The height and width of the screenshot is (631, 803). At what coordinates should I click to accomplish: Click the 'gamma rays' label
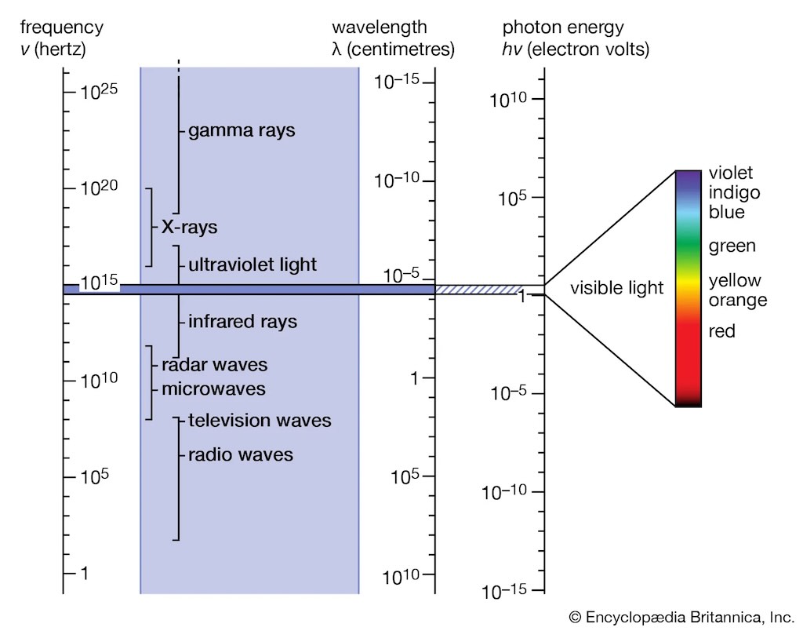(242, 130)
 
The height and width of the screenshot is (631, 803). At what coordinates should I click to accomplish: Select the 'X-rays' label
(189, 228)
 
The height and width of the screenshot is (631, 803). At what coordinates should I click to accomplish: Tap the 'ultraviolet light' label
(253, 264)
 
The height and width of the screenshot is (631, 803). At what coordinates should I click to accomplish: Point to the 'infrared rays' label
(242, 322)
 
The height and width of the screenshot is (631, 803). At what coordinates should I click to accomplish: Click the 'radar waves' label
(214, 365)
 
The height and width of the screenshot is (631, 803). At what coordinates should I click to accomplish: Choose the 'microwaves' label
(213, 388)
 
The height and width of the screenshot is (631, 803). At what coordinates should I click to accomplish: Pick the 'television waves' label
(260, 421)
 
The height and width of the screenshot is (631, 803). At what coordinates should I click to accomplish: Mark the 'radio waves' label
(241, 454)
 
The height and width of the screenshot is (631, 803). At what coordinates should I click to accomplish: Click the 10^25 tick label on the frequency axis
(99, 91)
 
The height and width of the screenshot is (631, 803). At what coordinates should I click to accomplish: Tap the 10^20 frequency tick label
(99, 188)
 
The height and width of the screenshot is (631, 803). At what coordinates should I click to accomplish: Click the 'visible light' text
(616, 288)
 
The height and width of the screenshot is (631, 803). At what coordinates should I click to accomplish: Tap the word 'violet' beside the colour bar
(730, 173)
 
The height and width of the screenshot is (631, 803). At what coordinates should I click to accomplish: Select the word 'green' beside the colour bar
(732, 246)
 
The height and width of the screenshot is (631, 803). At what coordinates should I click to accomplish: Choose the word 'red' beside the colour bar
(721, 331)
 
